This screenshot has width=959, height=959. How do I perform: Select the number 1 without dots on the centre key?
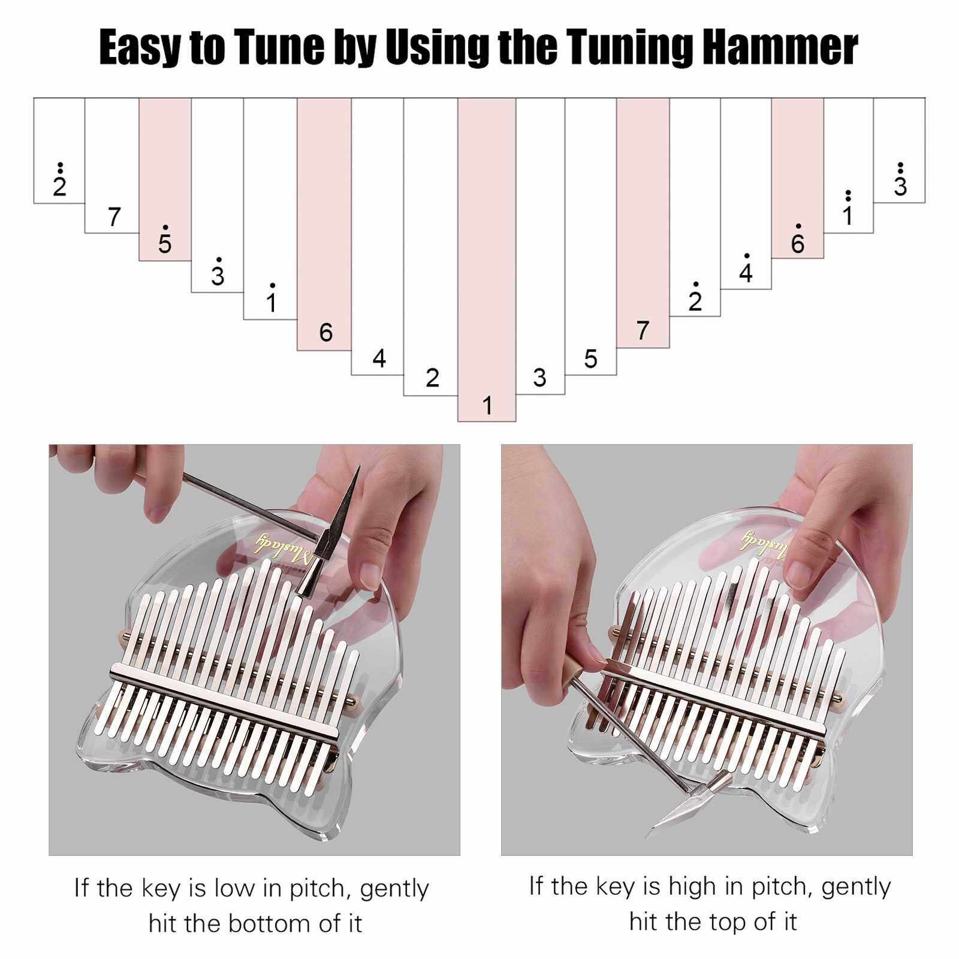click(x=487, y=406)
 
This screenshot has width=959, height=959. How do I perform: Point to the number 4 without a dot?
click(x=379, y=358)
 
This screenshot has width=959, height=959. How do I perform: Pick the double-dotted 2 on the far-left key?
click(x=59, y=180)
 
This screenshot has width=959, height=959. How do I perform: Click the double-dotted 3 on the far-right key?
click(x=900, y=180)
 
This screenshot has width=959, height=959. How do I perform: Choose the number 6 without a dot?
click(x=325, y=332)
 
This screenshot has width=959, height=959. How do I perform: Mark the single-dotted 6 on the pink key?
click(x=797, y=239)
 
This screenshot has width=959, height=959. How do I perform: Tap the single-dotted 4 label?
click(x=746, y=268)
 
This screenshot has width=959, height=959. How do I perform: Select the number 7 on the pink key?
click(x=643, y=330)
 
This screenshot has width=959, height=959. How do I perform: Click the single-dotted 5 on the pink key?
click(x=165, y=240)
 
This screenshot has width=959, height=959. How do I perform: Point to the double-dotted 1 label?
click(x=848, y=208)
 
